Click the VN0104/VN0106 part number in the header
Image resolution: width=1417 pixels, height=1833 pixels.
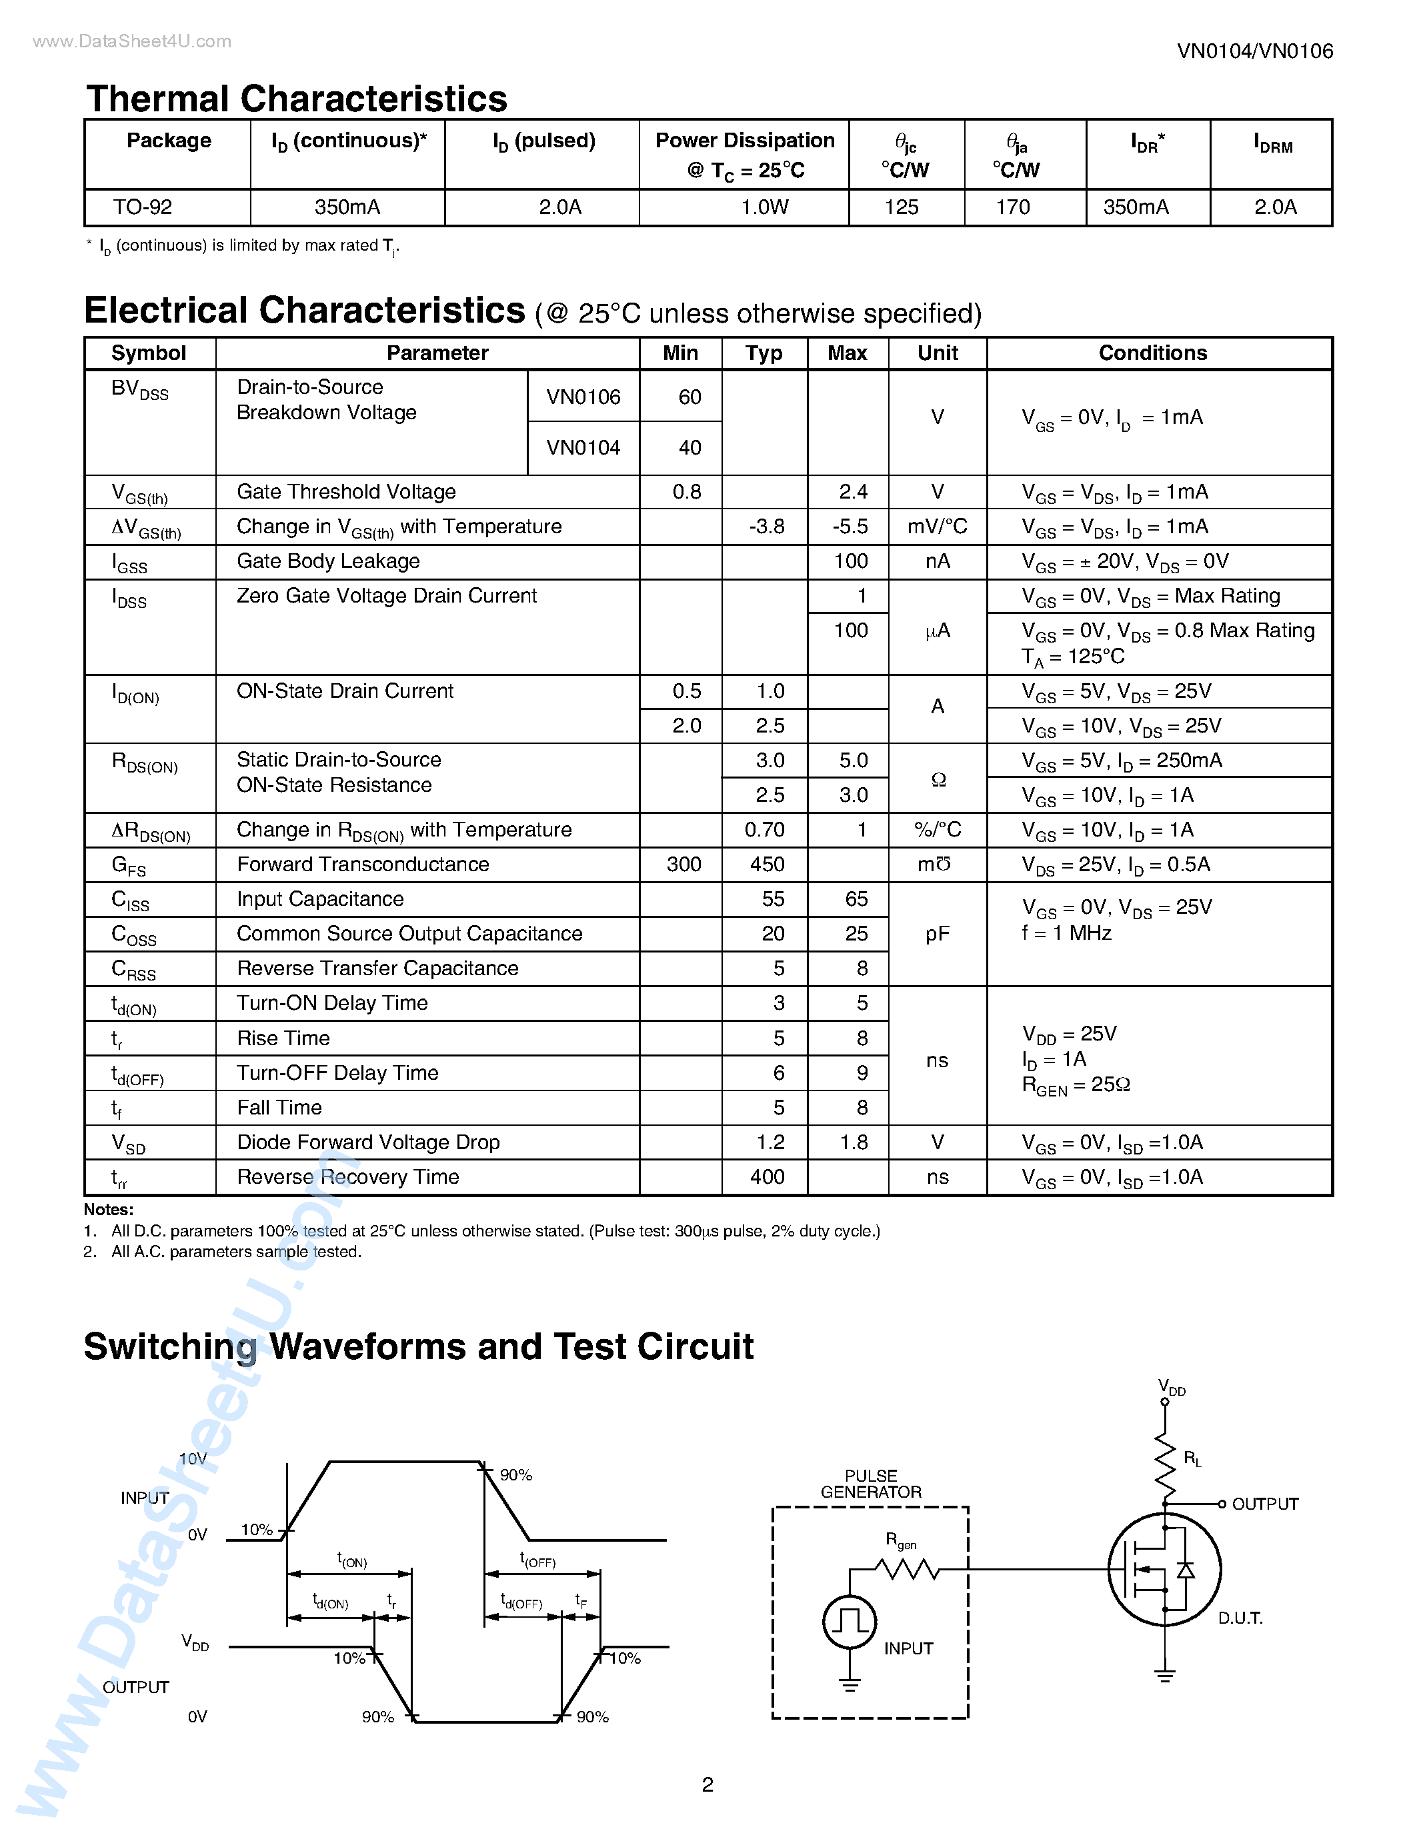pos(1254,51)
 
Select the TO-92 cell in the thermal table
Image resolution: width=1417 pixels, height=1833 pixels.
pos(143,207)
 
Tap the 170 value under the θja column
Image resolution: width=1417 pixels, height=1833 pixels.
pos(1012,207)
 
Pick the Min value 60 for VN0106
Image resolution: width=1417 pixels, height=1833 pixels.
pos(689,397)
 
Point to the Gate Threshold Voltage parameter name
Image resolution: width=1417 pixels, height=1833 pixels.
pos(346,492)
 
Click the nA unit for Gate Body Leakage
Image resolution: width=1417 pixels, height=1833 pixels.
pos(937,561)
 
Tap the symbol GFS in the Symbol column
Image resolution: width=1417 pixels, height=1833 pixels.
pos(129,865)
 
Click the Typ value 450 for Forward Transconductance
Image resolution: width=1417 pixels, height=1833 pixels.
pos(766,865)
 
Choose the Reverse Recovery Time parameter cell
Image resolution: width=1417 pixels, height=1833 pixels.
pos(347,1178)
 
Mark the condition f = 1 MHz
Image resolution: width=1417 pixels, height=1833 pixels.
pos(1066,933)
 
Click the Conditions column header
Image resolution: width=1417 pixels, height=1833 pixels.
pos(1152,353)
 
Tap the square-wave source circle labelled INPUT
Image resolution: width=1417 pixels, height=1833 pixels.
pos(850,1622)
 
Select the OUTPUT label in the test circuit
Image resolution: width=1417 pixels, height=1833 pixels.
pos(1264,1504)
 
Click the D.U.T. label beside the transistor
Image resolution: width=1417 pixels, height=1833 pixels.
pos(1240,1618)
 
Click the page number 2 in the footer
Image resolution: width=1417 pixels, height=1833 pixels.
pos(707,1784)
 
